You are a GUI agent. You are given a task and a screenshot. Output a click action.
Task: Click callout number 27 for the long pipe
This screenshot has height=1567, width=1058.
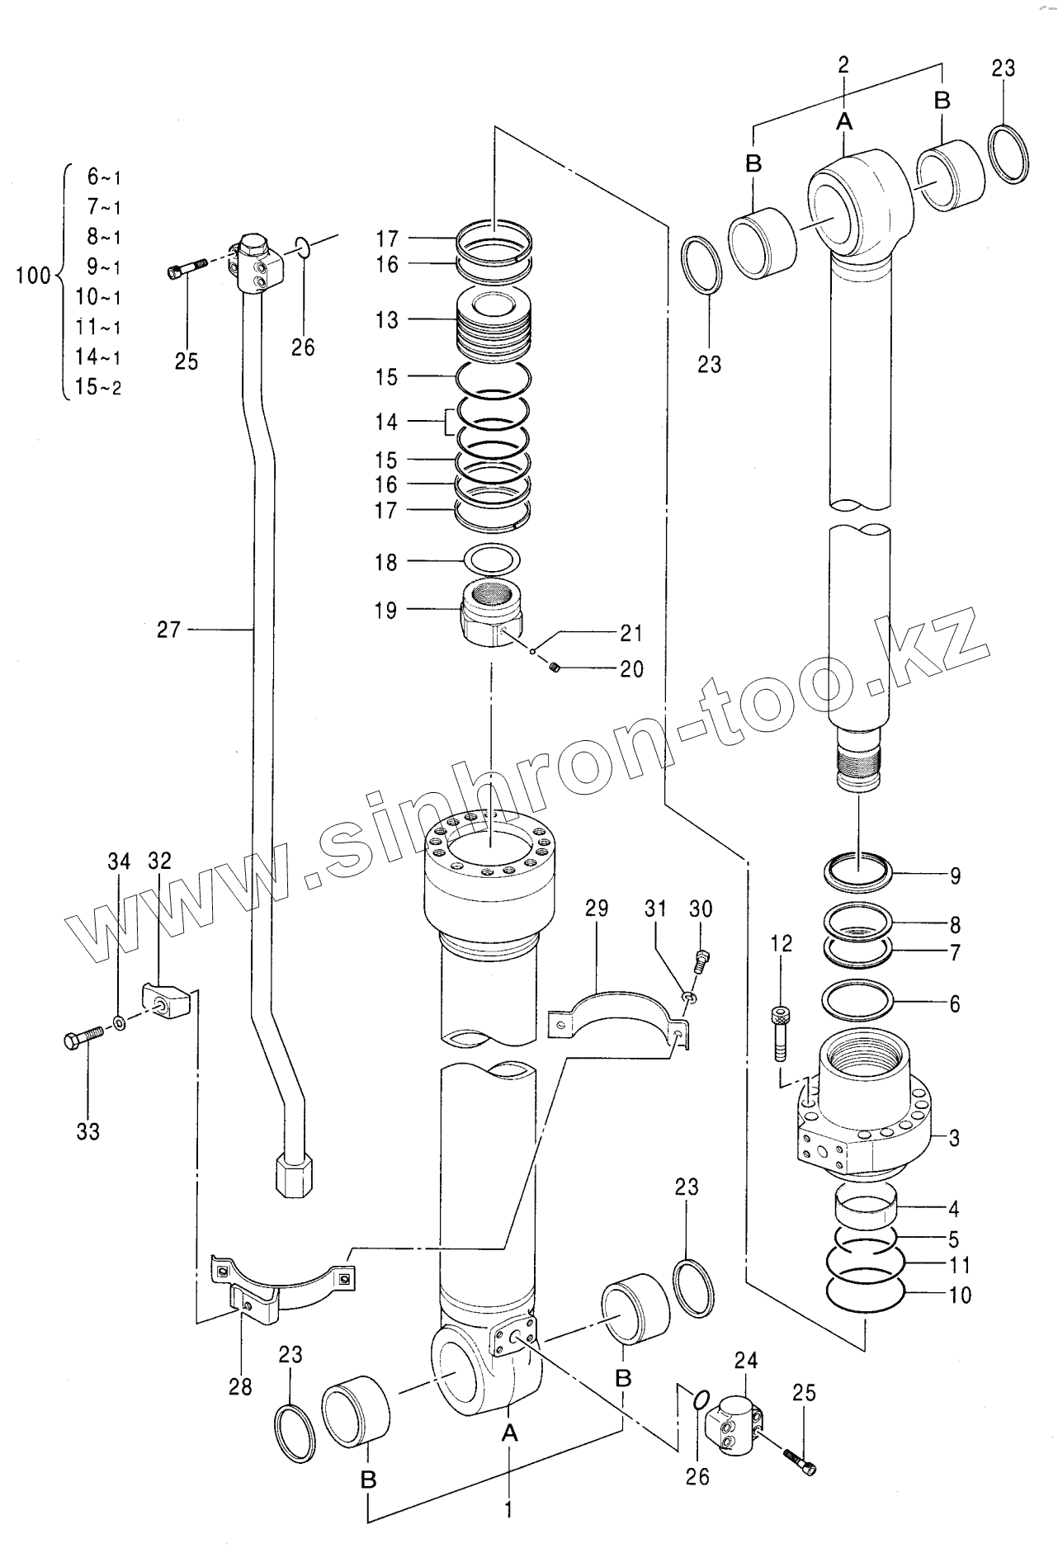(168, 630)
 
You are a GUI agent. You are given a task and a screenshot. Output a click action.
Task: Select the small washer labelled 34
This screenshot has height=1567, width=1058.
(120, 1023)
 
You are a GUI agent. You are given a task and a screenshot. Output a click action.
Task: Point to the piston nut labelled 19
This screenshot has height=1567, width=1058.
(490, 614)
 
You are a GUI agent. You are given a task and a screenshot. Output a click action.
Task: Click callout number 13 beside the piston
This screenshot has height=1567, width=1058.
(386, 320)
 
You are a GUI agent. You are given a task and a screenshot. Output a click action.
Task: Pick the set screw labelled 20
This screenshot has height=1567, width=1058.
(555, 667)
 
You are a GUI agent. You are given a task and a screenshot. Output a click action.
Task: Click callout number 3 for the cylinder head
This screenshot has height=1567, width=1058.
(954, 1138)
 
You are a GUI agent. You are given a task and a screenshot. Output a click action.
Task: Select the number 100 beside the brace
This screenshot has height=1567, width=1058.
(34, 276)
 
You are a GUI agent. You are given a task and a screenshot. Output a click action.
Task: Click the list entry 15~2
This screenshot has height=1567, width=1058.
(98, 387)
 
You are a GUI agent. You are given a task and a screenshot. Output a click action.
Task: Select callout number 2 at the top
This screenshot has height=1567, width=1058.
(843, 66)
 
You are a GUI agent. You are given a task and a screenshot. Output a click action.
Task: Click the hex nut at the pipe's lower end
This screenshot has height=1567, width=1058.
(293, 1173)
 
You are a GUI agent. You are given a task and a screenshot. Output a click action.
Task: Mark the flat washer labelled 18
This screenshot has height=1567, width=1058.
(493, 560)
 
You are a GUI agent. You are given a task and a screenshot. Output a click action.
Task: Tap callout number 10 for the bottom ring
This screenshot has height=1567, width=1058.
(960, 1295)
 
